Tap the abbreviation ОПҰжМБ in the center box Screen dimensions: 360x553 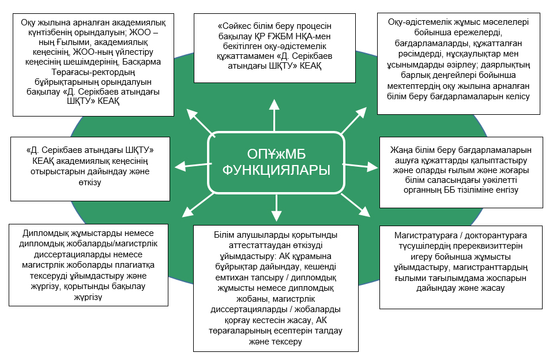(276, 154)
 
